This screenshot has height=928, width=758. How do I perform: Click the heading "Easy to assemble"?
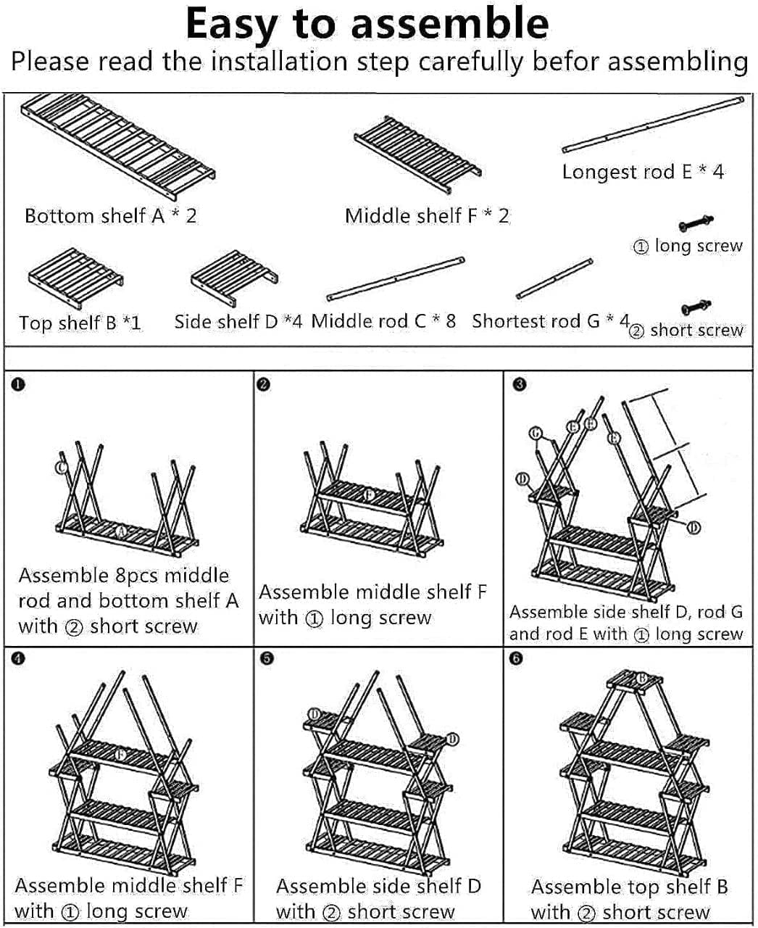click(367, 23)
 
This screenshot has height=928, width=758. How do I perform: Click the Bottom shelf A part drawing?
click(118, 148)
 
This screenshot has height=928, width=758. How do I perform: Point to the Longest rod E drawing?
click(653, 124)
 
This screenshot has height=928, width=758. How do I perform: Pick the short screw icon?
click(696, 307)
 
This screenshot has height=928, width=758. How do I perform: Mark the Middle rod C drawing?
click(396, 278)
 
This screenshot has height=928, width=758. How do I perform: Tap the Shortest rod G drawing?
click(555, 278)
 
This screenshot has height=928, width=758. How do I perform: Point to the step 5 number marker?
click(267, 659)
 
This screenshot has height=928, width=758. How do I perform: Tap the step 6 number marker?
click(516, 659)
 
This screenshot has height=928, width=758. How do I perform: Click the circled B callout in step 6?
click(641, 678)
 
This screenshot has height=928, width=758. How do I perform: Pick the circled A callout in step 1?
click(122, 533)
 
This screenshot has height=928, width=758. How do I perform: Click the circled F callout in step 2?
click(369, 496)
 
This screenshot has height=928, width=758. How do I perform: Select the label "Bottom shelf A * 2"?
click(110, 215)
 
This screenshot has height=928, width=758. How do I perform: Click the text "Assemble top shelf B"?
click(629, 887)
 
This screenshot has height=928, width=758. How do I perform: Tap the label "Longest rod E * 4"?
click(643, 172)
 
